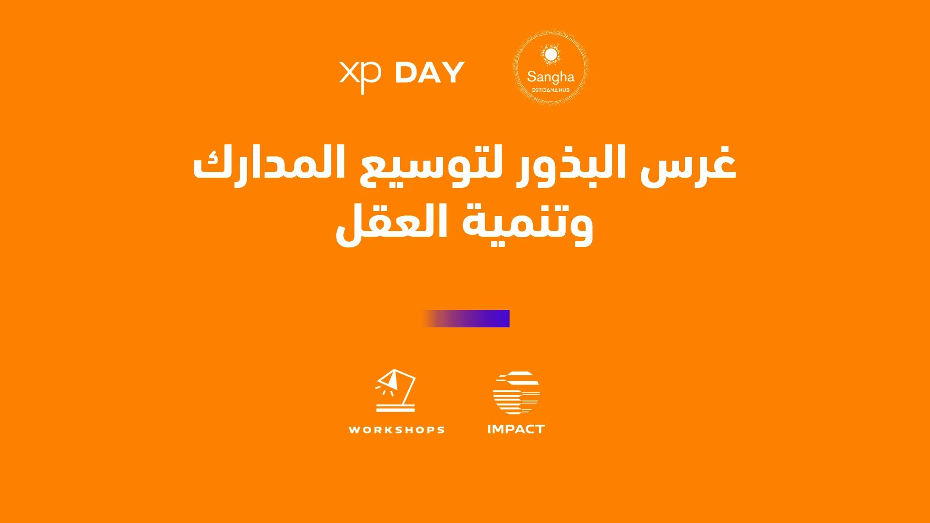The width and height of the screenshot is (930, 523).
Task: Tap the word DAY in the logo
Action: (x=430, y=73)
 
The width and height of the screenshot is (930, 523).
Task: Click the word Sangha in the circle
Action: (x=551, y=77)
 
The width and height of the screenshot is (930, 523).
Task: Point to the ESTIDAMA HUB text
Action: (x=551, y=90)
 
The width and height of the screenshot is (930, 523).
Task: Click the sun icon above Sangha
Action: (x=551, y=54)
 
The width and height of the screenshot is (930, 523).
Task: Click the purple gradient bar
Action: (x=466, y=319)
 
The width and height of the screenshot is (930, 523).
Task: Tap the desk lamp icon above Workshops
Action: (x=396, y=390)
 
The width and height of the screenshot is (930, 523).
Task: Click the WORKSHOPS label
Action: (x=397, y=430)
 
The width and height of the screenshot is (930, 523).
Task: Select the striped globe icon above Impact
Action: (x=516, y=393)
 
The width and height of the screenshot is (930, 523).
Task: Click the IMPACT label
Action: (x=516, y=429)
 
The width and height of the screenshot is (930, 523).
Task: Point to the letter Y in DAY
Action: (x=453, y=73)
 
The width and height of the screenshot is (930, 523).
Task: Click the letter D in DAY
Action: (x=405, y=73)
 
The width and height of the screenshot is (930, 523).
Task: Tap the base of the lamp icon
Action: (x=396, y=408)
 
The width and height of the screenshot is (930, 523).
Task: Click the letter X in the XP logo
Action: (x=349, y=72)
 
